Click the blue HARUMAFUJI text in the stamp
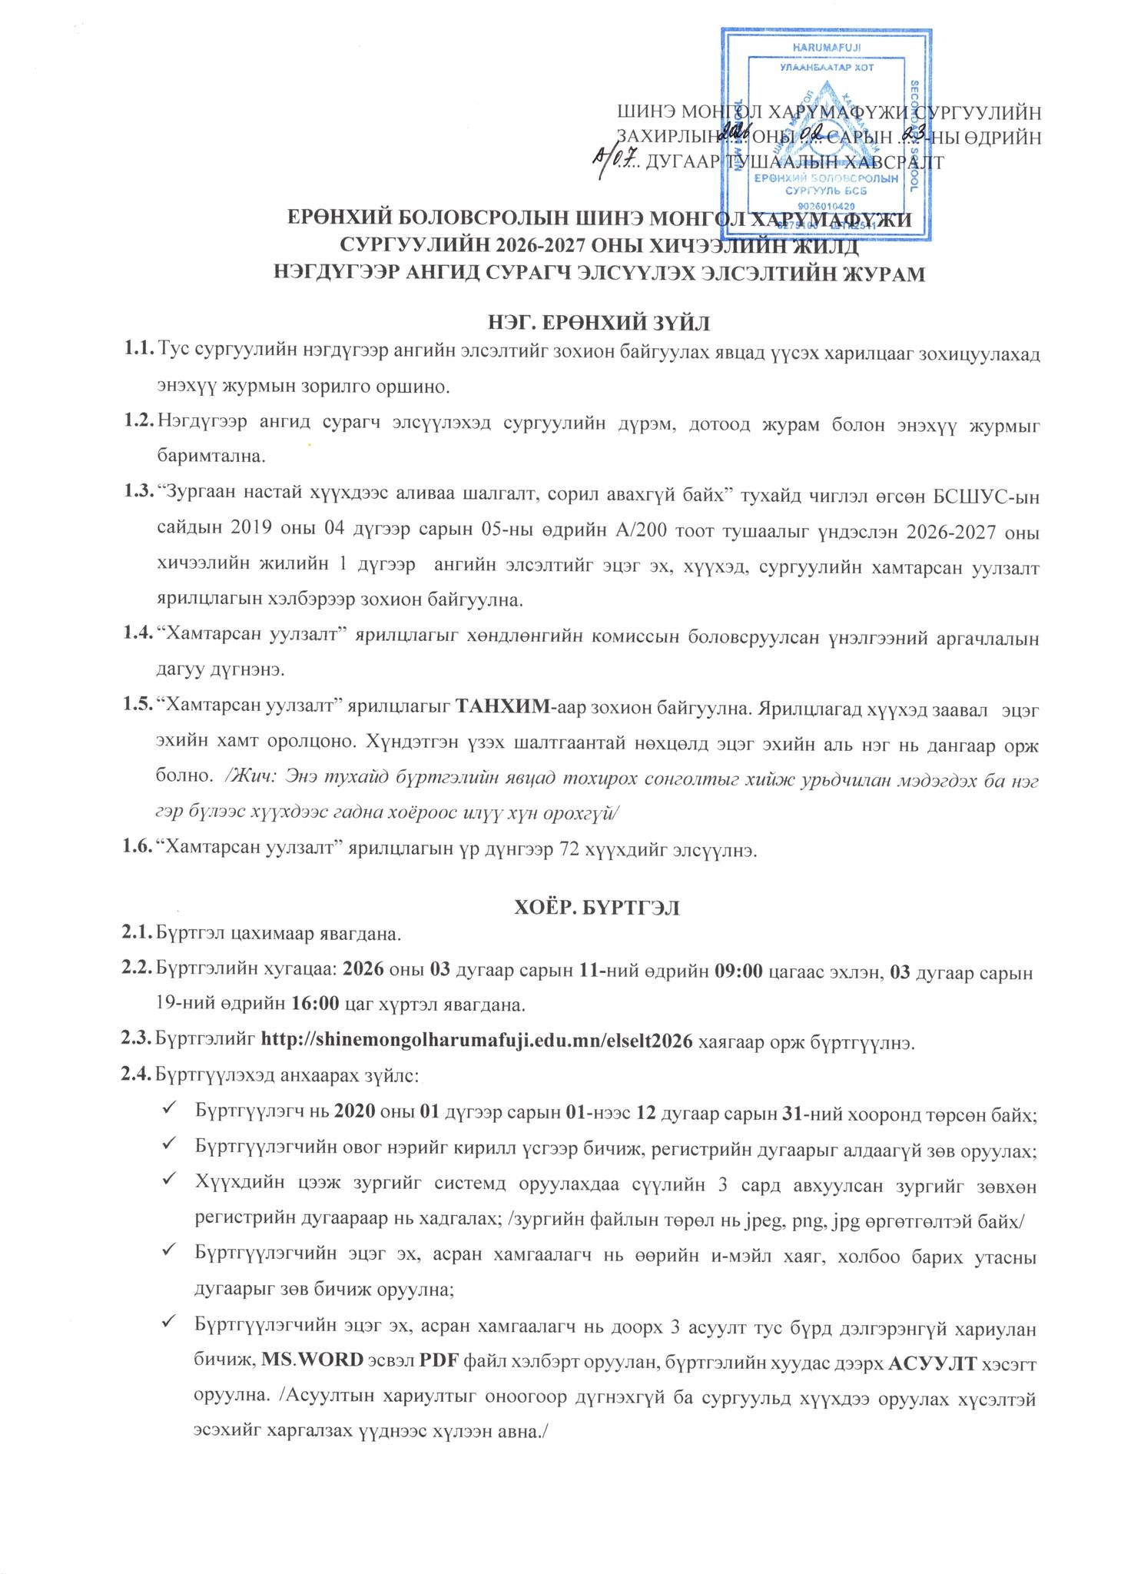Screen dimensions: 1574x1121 pos(826,47)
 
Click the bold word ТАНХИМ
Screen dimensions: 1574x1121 pos(503,706)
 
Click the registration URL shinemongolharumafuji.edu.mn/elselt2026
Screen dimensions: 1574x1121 pos(477,1041)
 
